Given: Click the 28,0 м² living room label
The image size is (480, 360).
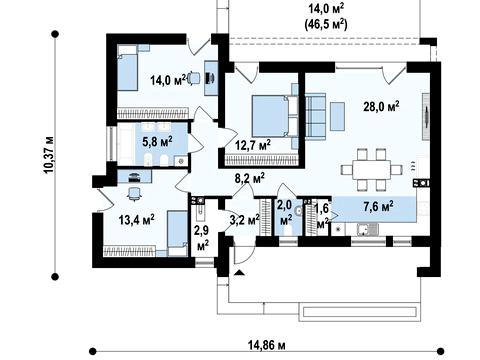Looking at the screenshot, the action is coord(381,106).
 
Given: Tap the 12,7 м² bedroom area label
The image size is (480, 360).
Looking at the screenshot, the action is coord(253,145).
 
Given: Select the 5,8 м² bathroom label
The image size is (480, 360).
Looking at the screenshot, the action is coord(157,141).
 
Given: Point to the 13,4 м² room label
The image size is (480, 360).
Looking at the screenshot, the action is coord(137,220).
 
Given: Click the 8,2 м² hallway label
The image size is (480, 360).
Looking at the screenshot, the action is coord(250,178).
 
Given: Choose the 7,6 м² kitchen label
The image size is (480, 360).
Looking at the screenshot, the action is coord(378,206).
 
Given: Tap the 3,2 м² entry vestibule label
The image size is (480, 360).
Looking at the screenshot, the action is coord(245,220).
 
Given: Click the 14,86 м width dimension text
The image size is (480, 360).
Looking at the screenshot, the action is coord(267,345).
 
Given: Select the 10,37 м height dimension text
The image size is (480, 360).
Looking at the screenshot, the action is coord(49,155).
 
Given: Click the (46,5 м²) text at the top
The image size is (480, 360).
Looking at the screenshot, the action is coord(326,24).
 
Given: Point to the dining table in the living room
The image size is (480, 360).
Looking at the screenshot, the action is coord(372,170).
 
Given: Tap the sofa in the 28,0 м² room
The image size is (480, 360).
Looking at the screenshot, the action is coord(315,116).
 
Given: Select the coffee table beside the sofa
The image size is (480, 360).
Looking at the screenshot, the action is coord(337,116).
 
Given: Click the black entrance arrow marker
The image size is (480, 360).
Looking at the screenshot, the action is coord(239,273).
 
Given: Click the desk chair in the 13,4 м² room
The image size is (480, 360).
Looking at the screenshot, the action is coord(134,194).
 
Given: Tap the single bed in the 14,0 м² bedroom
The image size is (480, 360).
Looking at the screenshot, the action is coord(128,68).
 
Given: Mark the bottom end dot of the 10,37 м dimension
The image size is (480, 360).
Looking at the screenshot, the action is coord(55,276).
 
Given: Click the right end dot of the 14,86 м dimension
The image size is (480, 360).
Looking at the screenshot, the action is coord(441,351).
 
